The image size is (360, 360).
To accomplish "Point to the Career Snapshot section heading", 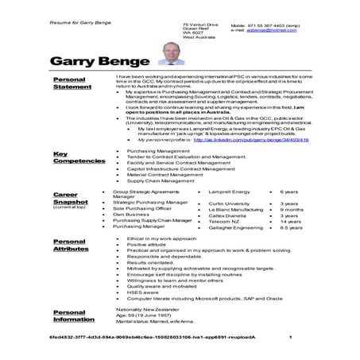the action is click(70, 199).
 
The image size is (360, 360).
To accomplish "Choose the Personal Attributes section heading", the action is click(71, 246).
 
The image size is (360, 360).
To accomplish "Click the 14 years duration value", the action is click(289, 221).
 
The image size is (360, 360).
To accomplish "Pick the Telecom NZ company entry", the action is click(223, 221).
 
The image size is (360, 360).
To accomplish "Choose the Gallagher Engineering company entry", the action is click(236, 227).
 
